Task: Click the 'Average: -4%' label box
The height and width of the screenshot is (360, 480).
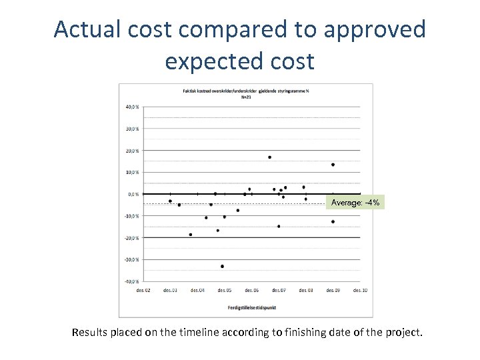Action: coord(355,203)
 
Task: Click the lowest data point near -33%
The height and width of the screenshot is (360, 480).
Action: coord(222,266)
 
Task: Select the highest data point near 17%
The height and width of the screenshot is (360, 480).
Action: coord(269,157)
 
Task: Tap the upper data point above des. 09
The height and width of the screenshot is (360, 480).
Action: coord(333,165)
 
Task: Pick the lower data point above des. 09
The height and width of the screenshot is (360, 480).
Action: coord(333,221)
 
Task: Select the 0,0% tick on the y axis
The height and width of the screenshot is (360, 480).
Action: coord(133,194)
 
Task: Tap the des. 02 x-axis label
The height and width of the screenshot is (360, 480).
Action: coord(143,291)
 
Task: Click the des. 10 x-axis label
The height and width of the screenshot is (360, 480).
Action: coord(359,291)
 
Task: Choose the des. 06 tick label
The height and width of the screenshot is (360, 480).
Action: coord(251,291)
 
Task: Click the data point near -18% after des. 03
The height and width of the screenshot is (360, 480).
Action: coord(191,235)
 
